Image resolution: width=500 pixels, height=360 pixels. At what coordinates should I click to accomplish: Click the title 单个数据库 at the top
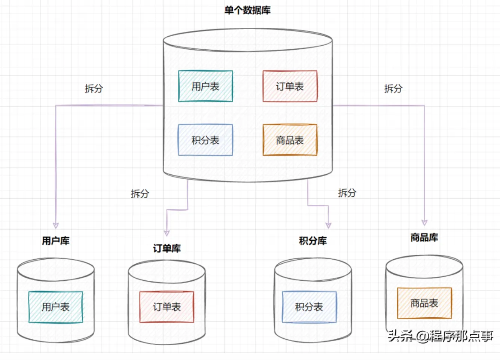(x=247, y=10)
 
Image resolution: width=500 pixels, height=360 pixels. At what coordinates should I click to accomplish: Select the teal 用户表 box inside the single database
(x=205, y=86)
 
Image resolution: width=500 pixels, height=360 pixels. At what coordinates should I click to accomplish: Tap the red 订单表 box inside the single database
(x=290, y=86)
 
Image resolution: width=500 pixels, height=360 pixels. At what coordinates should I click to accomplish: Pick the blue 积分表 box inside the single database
(x=205, y=140)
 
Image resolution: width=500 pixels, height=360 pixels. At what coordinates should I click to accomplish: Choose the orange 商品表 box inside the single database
(x=290, y=140)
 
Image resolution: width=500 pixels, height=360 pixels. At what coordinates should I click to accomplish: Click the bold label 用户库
(x=56, y=241)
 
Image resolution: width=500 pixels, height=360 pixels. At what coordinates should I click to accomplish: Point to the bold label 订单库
(x=167, y=248)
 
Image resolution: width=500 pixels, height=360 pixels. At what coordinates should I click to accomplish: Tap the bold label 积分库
(x=313, y=241)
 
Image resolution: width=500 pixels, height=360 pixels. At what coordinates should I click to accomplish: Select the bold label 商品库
(x=424, y=237)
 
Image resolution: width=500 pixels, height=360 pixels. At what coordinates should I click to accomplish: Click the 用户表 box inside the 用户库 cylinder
(x=56, y=307)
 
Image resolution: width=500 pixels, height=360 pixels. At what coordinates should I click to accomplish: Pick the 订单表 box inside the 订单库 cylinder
(x=167, y=307)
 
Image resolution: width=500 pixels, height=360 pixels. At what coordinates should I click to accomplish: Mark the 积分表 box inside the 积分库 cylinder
(x=309, y=307)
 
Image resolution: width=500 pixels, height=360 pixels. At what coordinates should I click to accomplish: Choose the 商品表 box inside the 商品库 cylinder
(x=424, y=303)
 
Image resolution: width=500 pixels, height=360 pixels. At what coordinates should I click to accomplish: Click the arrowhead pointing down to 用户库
(x=56, y=225)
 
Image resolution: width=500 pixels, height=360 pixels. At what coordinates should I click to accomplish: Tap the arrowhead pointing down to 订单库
(x=167, y=233)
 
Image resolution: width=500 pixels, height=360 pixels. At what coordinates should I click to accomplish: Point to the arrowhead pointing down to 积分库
(x=328, y=225)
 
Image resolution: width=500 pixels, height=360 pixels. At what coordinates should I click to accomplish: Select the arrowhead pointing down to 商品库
(x=424, y=222)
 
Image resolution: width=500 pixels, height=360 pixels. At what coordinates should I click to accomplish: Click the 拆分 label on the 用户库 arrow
(x=94, y=88)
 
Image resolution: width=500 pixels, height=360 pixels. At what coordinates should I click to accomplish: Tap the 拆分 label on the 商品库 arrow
(x=393, y=88)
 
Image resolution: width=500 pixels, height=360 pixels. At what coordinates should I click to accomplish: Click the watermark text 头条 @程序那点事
(x=440, y=336)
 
